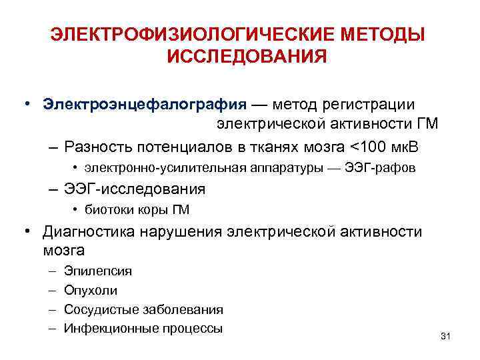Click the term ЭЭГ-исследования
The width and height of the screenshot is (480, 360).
pos(135,189)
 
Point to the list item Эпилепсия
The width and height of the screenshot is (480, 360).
pos(97,271)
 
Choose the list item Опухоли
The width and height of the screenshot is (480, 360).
pos(91,290)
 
